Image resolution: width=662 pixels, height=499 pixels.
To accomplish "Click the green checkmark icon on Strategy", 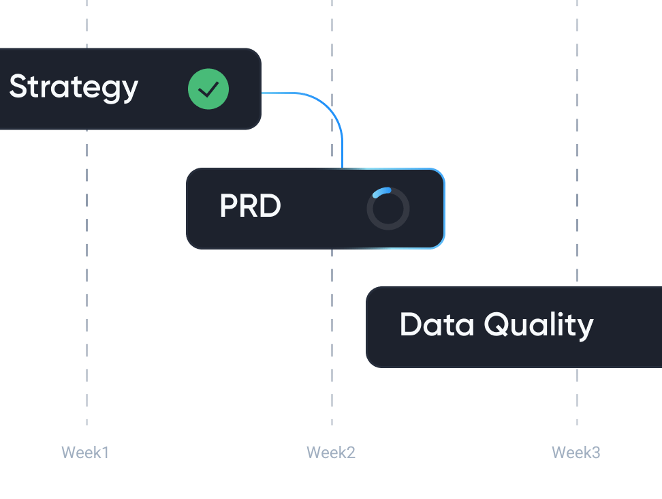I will tap(208, 89).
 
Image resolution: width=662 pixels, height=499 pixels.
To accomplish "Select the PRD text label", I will tap(250, 206).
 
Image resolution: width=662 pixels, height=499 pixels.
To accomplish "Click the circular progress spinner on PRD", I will tap(388, 209).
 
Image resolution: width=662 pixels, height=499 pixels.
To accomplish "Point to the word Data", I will tap(437, 324).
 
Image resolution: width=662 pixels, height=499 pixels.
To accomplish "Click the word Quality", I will tap(539, 326).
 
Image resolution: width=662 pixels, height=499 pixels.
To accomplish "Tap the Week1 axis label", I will tap(85, 452).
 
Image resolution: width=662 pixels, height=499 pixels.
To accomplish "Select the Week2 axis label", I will tap(331, 452).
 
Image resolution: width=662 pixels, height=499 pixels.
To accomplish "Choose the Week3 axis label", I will tap(576, 452).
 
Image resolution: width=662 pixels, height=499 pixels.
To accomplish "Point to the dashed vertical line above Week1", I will tap(87, 273).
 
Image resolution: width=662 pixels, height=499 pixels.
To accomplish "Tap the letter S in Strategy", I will tap(18, 87).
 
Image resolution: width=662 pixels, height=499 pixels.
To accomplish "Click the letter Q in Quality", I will tap(498, 324).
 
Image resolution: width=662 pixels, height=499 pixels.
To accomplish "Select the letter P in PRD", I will tap(228, 206).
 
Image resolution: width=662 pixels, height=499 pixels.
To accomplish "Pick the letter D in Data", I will tap(411, 324).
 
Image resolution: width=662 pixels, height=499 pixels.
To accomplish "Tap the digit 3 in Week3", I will tap(596, 452).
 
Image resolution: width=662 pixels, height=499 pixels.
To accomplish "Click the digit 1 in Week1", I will tap(105, 452).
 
